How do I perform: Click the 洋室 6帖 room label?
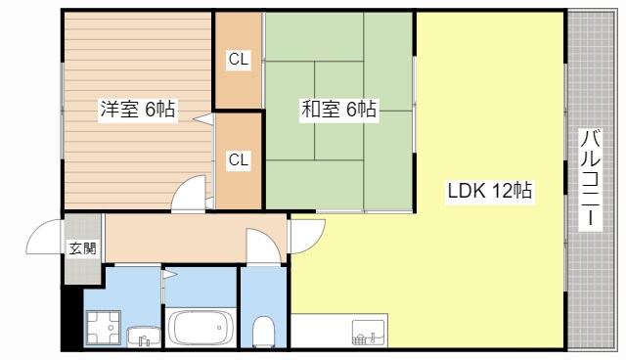pyautogui.click(x=137, y=110)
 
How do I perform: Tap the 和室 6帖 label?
pyautogui.click(x=337, y=110)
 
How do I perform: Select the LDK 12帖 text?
pyautogui.click(x=490, y=191)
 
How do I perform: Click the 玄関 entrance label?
pyautogui.click(x=82, y=248)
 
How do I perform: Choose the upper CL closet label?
pyautogui.click(x=239, y=60)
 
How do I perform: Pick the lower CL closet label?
pyautogui.click(x=239, y=159)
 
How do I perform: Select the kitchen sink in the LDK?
pyautogui.click(x=368, y=333)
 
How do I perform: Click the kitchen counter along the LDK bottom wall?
pyautogui.click(x=337, y=331)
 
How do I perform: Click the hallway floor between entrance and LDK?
pyautogui.click(x=176, y=238)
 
